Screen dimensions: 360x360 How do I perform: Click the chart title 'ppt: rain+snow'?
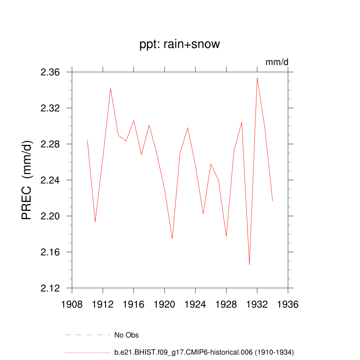click(x=180, y=44)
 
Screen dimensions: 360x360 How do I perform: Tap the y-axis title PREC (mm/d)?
click(x=27, y=180)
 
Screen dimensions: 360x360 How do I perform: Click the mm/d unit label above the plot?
click(x=277, y=62)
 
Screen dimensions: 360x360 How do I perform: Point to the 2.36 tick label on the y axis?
click(x=51, y=72)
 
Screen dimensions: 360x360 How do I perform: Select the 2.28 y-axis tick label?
click(x=51, y=144)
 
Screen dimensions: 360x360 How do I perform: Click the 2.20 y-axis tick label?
click(x=51, y=216)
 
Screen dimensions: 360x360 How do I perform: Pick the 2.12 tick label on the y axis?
click(x=51, y=288)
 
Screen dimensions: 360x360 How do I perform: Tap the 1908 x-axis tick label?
click(x=72, y=304)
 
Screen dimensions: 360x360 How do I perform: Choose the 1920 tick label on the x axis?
click(x=165, y=304)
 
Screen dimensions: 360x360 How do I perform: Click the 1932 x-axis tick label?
click(x=257, y=304)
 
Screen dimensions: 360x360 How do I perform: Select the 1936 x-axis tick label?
click(x=288, y=304)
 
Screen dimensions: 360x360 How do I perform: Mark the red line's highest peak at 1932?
click(x=257, y=78)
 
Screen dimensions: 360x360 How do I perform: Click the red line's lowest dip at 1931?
click(x=249, y=265)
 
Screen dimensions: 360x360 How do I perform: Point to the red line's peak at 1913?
click(x=110, y=89)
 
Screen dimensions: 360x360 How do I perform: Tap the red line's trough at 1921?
click(x=172, y=239)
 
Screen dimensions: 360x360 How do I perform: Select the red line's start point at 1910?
click(x=87, y=141)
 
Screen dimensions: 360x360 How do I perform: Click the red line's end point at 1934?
click(x=272, y=201)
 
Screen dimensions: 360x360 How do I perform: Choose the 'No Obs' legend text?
click(x=127, y=335)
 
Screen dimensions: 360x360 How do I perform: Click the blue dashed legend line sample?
click(x=88, y=335)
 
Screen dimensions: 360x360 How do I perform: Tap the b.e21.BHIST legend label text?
click(x=204, y=352)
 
